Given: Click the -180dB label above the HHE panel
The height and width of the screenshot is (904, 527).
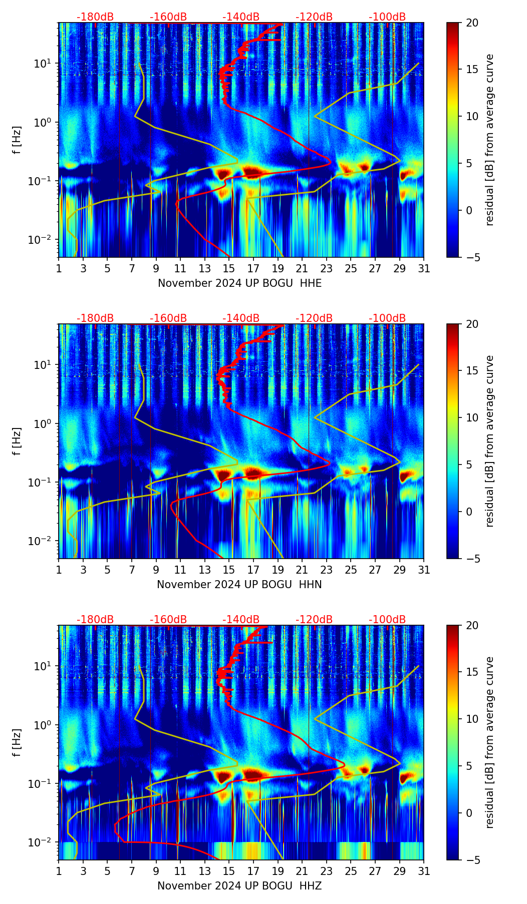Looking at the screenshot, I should pos(95,17).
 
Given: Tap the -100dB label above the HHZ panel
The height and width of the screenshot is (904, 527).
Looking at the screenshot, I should pos(387,620).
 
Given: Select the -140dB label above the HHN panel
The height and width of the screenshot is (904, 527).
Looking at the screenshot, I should pos(241,318).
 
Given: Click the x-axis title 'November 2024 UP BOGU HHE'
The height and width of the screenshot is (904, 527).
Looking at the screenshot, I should pos(239,283).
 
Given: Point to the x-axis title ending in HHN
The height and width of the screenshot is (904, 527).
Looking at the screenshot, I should pos(239,585).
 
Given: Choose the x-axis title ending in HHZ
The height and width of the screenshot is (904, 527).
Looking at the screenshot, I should pos(239,886).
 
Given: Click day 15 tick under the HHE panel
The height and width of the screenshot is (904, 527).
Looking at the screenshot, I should pos(229,269).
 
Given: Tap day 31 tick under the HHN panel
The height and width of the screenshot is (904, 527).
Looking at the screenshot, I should pos(424,570).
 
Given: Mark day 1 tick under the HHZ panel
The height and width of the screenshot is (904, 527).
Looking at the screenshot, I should pos(59,871).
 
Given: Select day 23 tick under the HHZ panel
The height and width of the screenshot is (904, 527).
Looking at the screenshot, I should pos(327,871).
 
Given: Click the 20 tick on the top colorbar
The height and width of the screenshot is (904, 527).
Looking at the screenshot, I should pos(472,23).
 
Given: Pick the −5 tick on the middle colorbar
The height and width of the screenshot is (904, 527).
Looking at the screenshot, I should pos(472,558).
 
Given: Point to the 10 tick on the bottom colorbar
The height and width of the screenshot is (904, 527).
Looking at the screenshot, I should pos(472,719).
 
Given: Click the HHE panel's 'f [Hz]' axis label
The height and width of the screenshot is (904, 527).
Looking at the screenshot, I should pos(17,140).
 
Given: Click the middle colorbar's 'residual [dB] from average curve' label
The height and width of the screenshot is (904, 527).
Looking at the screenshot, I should pos(490,441).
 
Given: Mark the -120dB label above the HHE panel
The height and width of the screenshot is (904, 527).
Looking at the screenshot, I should pos(314,17).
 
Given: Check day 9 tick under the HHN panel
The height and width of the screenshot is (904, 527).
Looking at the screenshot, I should pos(156,570).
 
